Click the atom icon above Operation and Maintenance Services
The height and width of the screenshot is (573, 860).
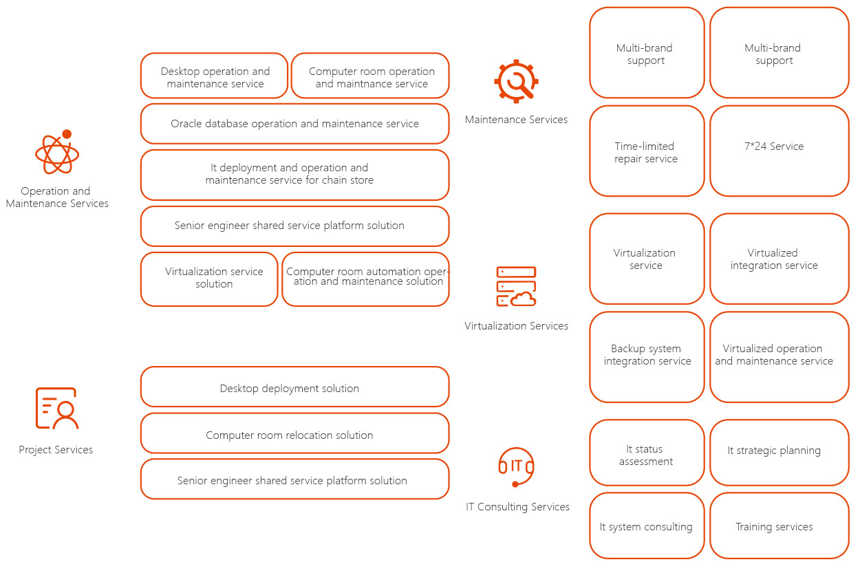click(x=57, y=152)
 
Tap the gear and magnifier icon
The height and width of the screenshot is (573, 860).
click(x=516, y=81)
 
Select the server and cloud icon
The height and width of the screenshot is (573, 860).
click(x=516, y=286)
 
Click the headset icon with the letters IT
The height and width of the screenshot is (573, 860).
click(x=516, y=467)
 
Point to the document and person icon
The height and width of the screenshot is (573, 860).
click(x=57, y=408)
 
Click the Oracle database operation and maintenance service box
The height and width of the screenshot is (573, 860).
click(x=295, y=124)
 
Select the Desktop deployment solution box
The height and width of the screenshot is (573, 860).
click(x=295, y=387)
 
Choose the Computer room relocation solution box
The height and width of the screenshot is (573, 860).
click(x=295, y=433)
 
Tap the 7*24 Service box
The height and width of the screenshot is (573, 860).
click(x=780, y=151)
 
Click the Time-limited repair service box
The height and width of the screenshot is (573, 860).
click(x=647, y=151)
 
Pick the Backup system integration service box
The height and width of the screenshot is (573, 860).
click(x=647, y=357)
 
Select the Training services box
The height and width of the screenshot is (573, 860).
click(x=780, y=526)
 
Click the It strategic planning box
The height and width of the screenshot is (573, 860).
click(x=780, y=453)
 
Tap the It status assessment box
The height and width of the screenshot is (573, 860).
click(x=647, y=453)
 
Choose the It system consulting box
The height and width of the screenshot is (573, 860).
click(x=647, y=526)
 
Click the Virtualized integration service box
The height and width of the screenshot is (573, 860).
click(x=780, y=259)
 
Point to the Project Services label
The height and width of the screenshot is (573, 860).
click(x=56, y=450)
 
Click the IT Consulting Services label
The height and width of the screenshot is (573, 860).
click(x=517, y=507)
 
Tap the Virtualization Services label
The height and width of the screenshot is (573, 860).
click(x=516, y=326)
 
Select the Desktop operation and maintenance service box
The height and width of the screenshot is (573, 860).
click(x=214, y=76)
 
